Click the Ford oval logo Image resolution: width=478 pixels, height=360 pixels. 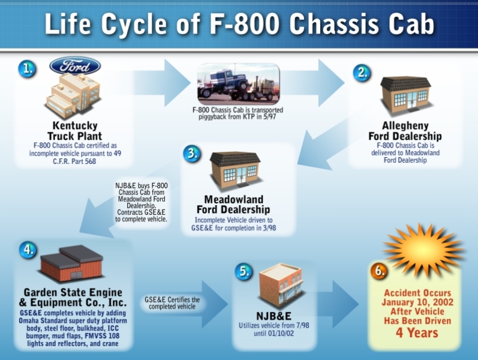[x=75, y=66]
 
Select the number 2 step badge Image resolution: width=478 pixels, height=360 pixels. [x=362, y=73]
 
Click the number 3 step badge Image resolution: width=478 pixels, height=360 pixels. [x=192, y=153]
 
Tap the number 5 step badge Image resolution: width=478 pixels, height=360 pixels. [x=243, y=271]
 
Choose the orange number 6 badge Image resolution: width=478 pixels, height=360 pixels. [x=379, y=271]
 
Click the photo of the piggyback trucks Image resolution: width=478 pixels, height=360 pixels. [x=238, y=83]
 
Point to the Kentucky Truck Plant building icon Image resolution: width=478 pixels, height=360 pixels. [x=73, y=95]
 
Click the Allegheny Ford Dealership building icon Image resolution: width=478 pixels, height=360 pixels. [x=405, y=95]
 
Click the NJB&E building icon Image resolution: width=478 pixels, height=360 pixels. [x=281, y=285]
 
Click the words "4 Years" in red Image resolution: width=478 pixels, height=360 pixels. [x=417, y=332]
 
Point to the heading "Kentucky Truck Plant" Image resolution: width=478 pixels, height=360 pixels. [x=75, y=131]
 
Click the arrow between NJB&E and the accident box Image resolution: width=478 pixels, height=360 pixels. [x=338, y=304]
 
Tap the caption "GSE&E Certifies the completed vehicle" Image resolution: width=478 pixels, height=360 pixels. [x=172, y=303]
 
